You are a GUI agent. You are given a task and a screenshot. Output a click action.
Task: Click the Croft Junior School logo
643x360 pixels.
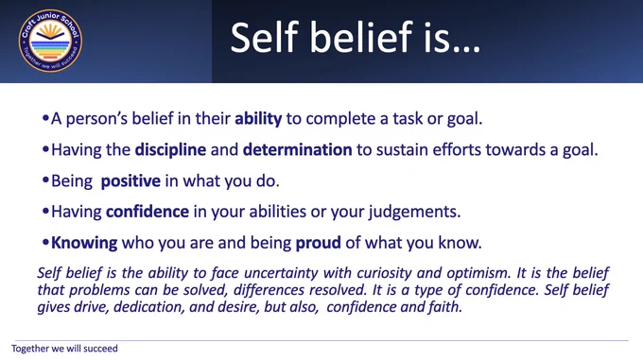point(50,41)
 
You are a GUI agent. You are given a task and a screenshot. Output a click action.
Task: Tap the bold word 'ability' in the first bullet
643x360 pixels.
point(258,119)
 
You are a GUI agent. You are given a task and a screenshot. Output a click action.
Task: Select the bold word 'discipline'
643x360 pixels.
point(170,149)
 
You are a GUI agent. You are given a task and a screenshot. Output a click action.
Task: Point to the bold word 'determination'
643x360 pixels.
point(297,149)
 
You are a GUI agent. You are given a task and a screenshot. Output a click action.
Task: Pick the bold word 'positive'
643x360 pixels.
point(130,181)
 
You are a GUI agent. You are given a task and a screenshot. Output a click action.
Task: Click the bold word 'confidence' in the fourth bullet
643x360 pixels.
point(148,212)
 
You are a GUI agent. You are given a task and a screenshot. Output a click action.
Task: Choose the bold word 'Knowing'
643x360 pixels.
point(84,243)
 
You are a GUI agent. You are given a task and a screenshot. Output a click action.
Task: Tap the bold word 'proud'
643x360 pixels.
point(319,243)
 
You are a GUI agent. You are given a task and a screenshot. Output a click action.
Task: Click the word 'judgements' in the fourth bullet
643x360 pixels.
point(414,212)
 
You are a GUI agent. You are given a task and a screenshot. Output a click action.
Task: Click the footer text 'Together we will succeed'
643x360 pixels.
point(64,349)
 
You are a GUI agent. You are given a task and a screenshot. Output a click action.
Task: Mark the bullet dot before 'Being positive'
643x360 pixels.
point(45,180)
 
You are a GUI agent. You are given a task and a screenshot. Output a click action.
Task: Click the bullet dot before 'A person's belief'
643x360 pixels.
point(45,118)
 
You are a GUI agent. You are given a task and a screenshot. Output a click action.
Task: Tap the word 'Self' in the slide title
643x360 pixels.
point(264,37)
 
